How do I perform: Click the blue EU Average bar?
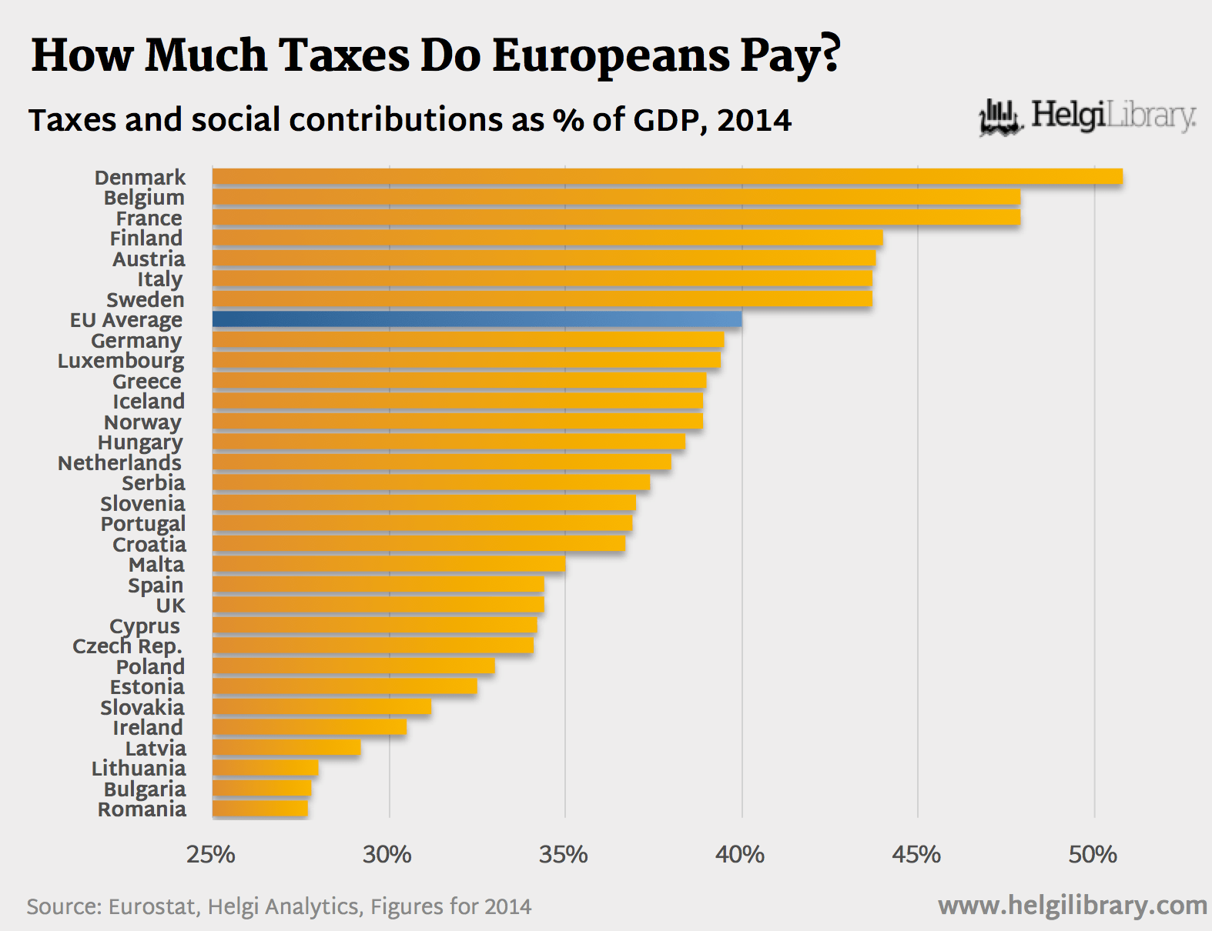[x=477, y=319]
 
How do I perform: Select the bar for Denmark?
[x=667, y=177]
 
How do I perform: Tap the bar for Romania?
[x=259, y=809]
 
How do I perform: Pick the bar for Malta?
[x=388, y=564]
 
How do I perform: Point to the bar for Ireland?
[x=309, y=727]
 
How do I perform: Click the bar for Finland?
[x=547, y=238]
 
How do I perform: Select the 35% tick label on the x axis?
[x=563, y=855]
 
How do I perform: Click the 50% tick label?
[x=1092, y=855]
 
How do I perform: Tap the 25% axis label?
[x=210, y=855]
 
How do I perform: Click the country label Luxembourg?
[x=121, y=361]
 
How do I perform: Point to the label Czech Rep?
[x=127, y=646]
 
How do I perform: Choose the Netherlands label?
[x=119, y=462]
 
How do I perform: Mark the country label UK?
[x=170, y=606]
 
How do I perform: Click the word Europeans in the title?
[x=611, y=56]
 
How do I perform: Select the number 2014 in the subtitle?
[x=754, y=121]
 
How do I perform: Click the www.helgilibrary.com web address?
[x=1072, y=906]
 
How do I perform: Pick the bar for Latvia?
[x=286, y=748]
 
